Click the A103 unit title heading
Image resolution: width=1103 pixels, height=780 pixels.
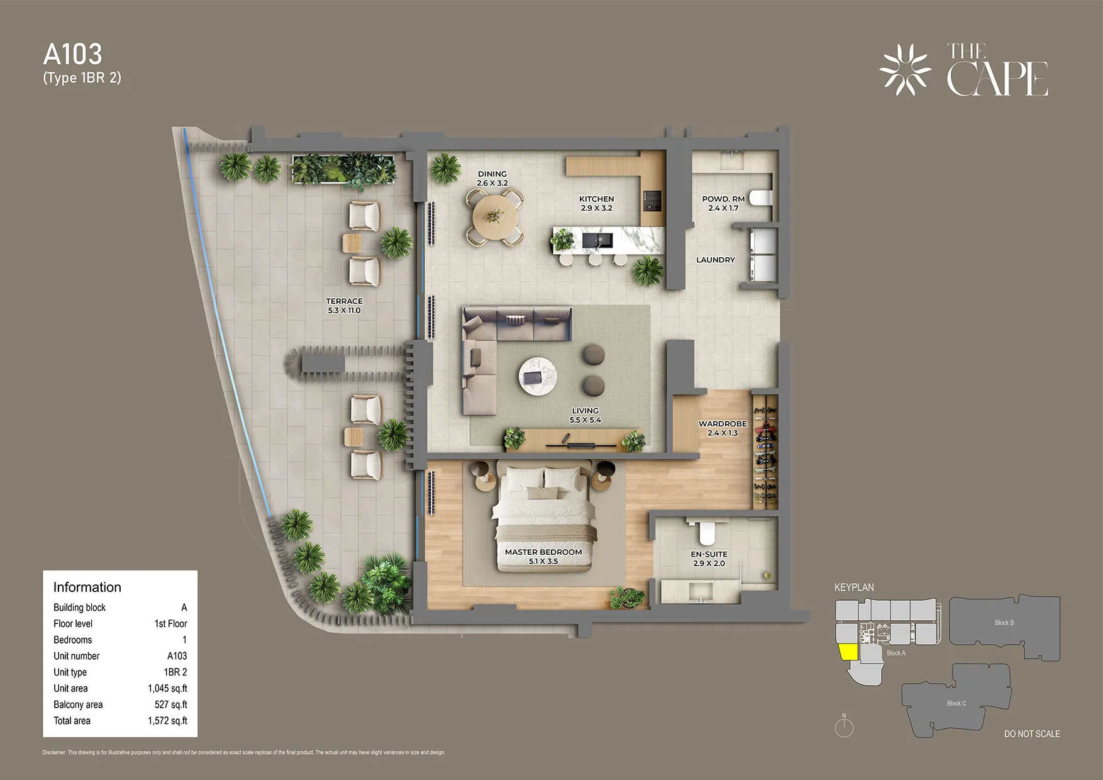click(72, 55)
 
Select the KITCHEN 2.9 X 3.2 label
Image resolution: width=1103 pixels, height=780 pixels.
click(596, 203)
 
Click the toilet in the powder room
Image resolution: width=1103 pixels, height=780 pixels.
click(760, 198)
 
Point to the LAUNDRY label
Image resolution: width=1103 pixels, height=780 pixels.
click(716, 260)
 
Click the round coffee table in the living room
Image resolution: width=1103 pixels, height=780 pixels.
click(538, 376)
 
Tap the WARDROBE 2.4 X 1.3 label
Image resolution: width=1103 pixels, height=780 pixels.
click(723, 428)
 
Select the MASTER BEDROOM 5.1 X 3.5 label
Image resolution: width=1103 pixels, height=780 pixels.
click(543, 556)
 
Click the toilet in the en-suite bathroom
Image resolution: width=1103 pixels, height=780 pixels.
click(707, 532)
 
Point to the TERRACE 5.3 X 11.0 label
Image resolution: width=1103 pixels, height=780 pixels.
click(344, 306)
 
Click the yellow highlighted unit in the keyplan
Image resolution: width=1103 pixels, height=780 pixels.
click(848, 652)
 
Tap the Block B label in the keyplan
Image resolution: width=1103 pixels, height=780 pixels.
click(1004, 623)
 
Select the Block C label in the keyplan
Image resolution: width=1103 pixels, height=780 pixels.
click(956, 703)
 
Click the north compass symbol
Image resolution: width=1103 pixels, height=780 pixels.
click(844, 727)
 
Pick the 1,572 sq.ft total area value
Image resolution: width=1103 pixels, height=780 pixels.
click(167, 721)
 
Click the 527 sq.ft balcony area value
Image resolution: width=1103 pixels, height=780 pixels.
click(170, 705)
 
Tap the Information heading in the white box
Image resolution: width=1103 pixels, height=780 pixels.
click(87, 587)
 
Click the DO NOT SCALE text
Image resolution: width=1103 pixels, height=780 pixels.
click(1032, 734)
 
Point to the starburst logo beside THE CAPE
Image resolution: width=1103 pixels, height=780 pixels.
click(905, 69)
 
